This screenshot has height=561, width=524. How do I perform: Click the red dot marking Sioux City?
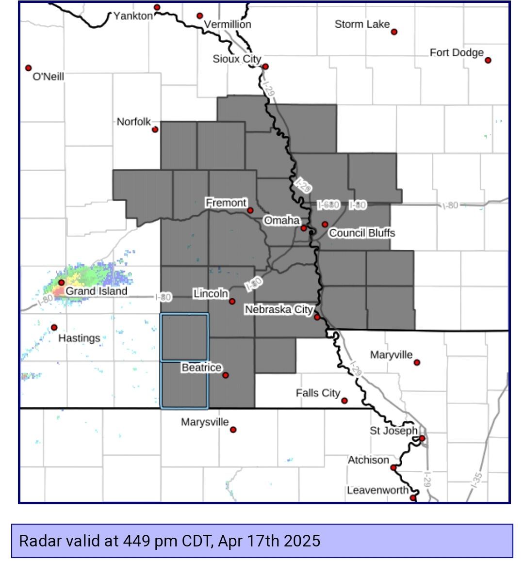pyautogui.click(x=265, y=67)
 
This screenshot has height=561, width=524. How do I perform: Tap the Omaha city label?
pyautogui.click(x=281, y=221)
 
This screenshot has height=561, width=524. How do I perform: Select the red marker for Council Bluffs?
pyautogui.click(x=325, y=224)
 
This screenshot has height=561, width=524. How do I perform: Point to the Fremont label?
pyautogui.click(x=226, y=203)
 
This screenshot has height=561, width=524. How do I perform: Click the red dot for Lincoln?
pyautogui.click(x=232, y=301)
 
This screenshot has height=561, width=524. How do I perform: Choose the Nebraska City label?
pyautogui.click(x=278, y=309)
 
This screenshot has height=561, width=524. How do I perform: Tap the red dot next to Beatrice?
pyautogui.click(x=225, y=375)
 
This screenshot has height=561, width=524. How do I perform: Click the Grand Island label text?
pyautogui.click(x=96, y=291)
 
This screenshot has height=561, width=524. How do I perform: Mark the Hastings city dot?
pyautogui.click(x=54, y=328)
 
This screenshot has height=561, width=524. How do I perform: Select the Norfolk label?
pyautogui.click(x=134, y=122)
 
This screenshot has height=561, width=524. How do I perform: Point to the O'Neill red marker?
pyautogui.click(x=29, y=68)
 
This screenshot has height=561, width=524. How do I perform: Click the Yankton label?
pyautogui.click(x=133, y=16)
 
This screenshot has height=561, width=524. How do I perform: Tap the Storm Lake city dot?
pyautogui.click(x=394, y=32)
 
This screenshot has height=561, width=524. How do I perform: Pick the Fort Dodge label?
pyautogui.click(x=457, y=52)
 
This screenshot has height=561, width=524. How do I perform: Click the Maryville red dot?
pyautogui.click(x=417, y=362)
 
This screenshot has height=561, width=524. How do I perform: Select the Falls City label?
pyautogui.click(x=318, y=393)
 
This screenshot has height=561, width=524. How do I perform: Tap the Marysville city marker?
pyautogui.click(x=233, y=430)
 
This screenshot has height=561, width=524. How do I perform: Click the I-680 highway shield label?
pyautogui.click(x=328, y=205)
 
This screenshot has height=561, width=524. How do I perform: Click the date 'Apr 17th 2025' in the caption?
pyautogui.click(x=269, y=540)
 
